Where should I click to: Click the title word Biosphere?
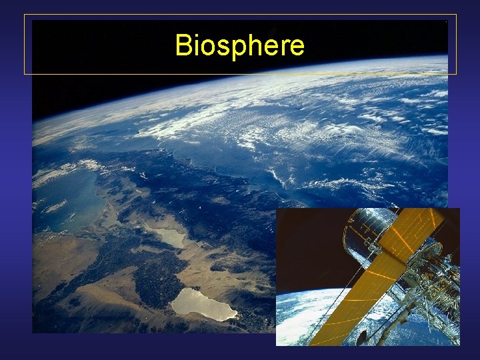click(x=239, y=46)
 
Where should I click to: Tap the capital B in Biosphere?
click(x=183, y=45)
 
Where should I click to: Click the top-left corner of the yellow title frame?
click(x=25, y=15)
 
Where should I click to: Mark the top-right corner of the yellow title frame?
click(x=457, y=15)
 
